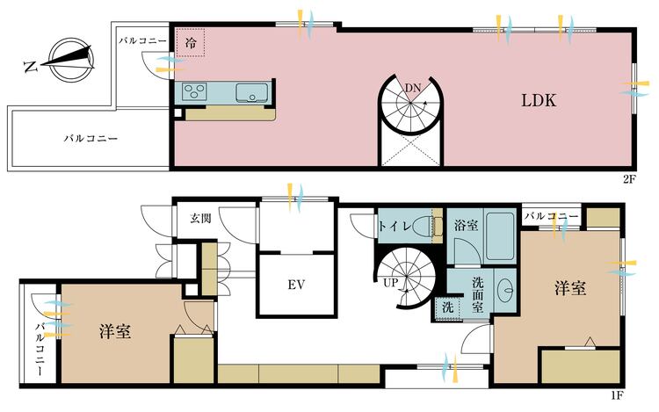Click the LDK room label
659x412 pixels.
click(x=540, y=100)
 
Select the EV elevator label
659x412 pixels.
click(x=295, y=284)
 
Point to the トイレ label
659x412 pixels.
click(x=394, y=226)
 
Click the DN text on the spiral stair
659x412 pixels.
click(x=412, y=86)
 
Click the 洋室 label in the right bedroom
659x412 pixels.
click(x=569, y=287)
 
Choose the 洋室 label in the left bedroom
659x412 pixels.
click(x=115, y=331)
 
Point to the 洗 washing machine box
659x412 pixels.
click(x=446, y=308)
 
